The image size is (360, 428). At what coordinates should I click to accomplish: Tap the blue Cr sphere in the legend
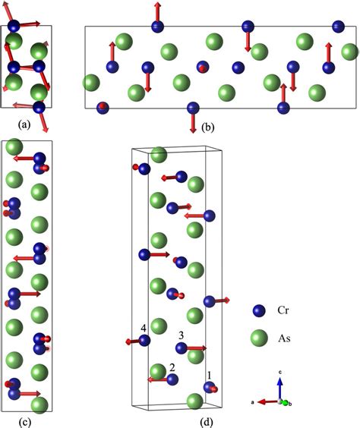tap(259, 310)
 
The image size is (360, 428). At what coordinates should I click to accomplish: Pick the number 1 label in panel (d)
tap(210, 374)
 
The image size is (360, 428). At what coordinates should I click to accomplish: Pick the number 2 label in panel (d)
tap(172, 367)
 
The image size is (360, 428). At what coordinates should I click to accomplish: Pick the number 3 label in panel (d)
tap(181, 335)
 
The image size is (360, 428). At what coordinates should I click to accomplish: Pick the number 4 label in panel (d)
tap(143, 329)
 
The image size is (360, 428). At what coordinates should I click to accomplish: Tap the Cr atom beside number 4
tap(144, 341)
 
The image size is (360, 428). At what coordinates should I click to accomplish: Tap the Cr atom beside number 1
tap(208, 388)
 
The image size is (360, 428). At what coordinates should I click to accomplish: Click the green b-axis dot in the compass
tap(286, 402)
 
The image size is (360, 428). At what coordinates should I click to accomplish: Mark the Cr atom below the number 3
tap(182, 348)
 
